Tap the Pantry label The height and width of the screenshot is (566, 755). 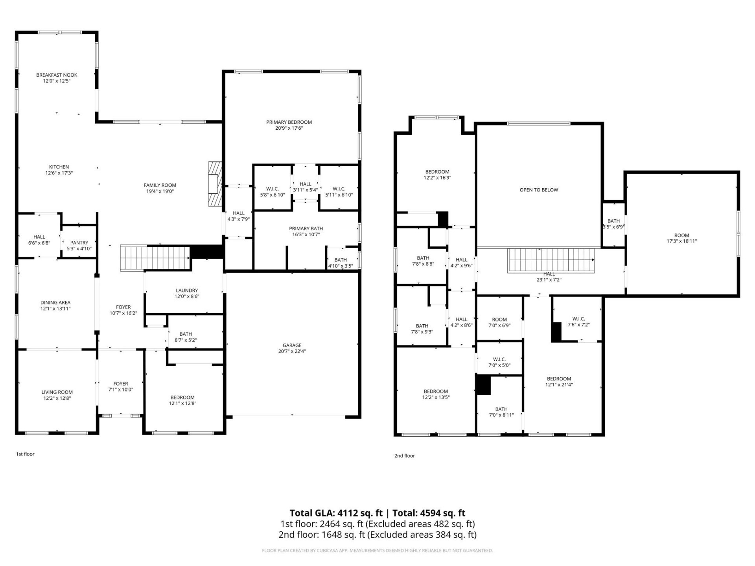(x=79, y=243)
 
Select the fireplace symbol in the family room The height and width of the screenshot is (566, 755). (x=215, y=183)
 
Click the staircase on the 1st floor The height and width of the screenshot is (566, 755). (x=155, y=258)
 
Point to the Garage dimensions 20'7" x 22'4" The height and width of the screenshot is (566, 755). (x=292, y=351)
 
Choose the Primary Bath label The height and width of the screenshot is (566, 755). (x=306, y=229)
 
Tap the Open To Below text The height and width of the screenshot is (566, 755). (x=539, y=190)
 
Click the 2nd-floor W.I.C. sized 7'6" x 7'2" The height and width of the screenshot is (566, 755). (x=578, y=322)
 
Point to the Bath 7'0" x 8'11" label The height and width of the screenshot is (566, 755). (x=501, y=412)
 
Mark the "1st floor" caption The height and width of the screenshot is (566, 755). (x=25, y=454)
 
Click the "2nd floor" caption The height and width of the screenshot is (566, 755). (x=405, y=456)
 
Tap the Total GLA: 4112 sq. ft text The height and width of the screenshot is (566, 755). (x=336, y=513)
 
